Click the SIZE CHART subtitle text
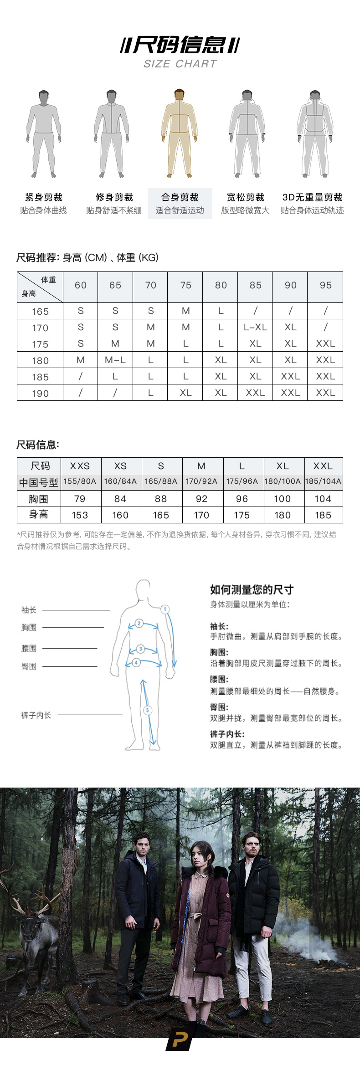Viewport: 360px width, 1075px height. (180, 64)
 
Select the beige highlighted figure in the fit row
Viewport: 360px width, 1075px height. (180, 133)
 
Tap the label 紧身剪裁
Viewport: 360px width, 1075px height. (44, 197)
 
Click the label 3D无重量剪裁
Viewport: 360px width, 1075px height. (312, 197)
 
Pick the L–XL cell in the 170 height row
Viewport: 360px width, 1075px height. (255, 327)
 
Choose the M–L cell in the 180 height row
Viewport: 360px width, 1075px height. (115, 360)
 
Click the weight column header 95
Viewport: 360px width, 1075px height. (325, 285)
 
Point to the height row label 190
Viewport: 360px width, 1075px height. (40, 393)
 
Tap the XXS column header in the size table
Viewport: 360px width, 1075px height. (80, 466)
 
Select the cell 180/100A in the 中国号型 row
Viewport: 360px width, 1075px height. (283, 481)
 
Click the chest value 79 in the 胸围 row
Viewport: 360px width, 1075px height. (80, 499)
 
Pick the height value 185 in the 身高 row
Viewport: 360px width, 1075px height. (323, 515)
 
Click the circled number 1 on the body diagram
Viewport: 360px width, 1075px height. (165, 609)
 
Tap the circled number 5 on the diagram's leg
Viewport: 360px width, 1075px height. (147, 710)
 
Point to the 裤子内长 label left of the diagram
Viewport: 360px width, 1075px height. (36, 715)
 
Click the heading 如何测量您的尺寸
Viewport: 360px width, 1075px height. (252, 589)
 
